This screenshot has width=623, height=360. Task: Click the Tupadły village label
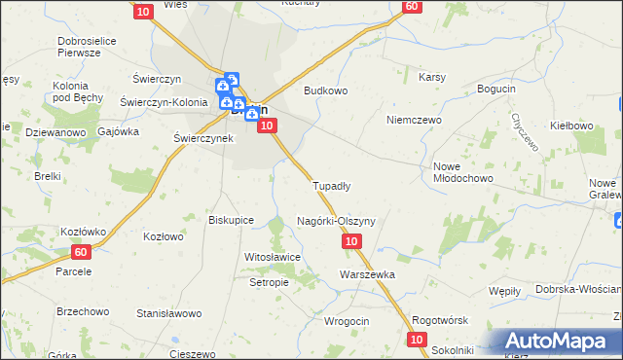(330, 185)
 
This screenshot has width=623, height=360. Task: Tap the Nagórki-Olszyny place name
(335, 221)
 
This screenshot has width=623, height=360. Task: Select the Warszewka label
(367, 274)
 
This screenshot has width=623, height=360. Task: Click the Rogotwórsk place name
(441, 321)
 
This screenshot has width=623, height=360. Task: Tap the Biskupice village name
(232, 220)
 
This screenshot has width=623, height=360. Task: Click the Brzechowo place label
(83, 312)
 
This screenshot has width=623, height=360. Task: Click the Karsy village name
(431, 77)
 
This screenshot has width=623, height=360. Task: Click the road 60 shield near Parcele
(81, 252)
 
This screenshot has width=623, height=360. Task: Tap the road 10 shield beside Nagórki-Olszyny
(352, 240)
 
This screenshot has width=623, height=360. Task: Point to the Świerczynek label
(202, 138)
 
